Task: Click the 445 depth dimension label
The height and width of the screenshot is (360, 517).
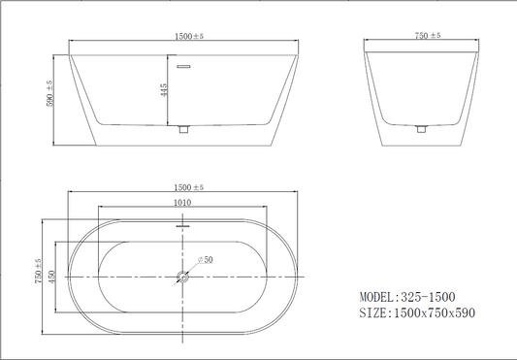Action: [x=164, y=90]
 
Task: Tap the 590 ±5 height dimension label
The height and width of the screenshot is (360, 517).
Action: [x=49, y=93]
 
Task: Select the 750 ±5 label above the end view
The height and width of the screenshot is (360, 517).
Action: [x=428, y=35]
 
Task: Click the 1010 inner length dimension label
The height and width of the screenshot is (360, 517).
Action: [x=182, y=202]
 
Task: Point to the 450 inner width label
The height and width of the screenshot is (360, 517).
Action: [x=52, y=277]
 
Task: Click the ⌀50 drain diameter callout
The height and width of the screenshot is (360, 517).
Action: [x=205, y=260]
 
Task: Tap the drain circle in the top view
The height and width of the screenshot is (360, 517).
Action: [x=182, y=277]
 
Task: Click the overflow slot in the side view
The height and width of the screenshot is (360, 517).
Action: [x=183, y=67]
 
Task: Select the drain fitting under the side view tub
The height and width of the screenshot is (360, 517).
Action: [x=183, y=129]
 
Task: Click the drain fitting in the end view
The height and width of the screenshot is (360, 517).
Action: [x=421, y=129]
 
